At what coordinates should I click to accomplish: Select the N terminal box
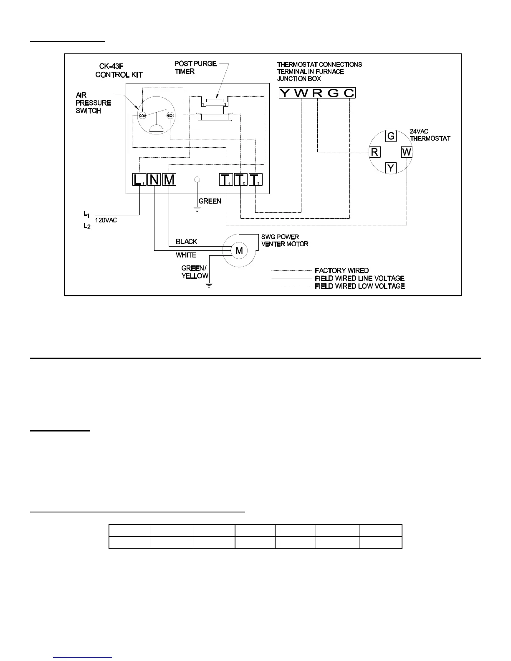tap(154, 180)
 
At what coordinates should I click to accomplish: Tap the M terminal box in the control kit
tap(169, 180)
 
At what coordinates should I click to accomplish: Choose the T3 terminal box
tap(255, 180)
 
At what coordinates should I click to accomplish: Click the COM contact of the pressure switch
tap(142, 115)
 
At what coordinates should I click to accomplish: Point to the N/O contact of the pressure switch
tap(170, 115)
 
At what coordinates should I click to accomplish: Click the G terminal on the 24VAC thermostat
tap(391, 136)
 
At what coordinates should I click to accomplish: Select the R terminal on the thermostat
tap(374, 152)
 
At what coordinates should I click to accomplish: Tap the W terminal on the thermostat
tap(407, 152)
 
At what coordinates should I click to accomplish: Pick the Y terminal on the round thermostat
tap(391, 168)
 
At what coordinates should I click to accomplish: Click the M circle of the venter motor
tap(240, 251)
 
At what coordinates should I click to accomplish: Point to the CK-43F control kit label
tap(119, 71)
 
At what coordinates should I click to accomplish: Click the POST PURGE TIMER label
tap(195, 68)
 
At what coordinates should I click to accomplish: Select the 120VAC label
tap(106, 220)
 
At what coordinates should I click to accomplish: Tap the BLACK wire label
tap(186, 242)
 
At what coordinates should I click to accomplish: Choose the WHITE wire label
tap(186, 255)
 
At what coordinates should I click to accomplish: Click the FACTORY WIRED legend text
tap(342, 270)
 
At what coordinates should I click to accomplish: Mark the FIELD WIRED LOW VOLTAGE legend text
tap(359, 286)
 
